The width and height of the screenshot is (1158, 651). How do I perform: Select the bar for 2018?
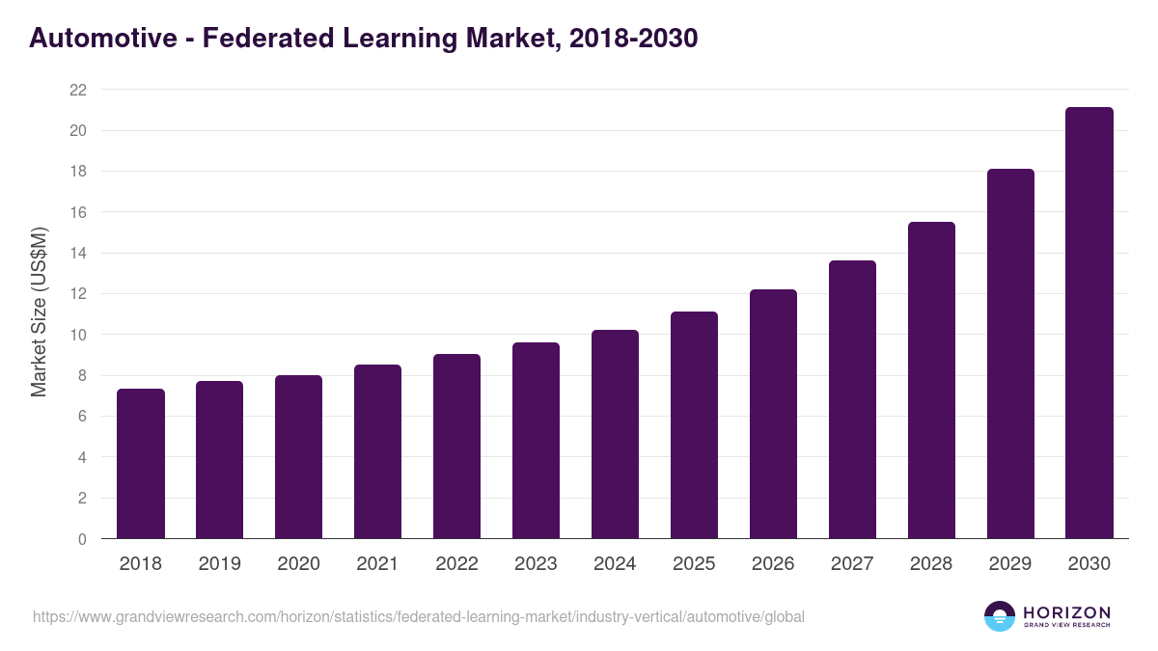click(x=141, y=464)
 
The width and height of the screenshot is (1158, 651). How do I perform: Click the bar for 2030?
click(x=1089, y=323)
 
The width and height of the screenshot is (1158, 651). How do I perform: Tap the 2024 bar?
click(x=615, y=434)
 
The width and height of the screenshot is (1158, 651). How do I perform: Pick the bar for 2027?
click(x=852, y=399)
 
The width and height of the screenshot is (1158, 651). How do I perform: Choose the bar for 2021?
click(x=377, y=451)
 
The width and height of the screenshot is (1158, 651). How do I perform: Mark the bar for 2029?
click(x=1010, y=354)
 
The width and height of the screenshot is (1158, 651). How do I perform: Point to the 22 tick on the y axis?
click(x=78, y=90)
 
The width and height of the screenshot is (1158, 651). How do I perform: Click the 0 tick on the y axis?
click(x=82, y=539)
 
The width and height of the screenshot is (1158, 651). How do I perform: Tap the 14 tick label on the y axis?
click(x=78, y=253)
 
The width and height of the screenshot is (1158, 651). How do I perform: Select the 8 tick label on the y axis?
click(x=82, y=375)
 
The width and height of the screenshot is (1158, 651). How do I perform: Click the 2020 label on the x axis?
click(x=298, y=564)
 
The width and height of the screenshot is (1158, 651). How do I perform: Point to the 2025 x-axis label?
click(x=694, y=564)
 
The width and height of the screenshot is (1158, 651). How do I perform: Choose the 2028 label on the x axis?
click(x=931, y=564)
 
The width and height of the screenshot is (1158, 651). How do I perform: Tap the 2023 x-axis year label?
click(x=536, y=564)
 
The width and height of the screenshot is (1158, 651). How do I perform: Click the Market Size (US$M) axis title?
click(x=39, y=312)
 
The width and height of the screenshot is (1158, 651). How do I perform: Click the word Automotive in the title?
click(x=103, y=39)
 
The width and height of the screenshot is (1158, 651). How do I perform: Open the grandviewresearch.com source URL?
click(x=418, y=616)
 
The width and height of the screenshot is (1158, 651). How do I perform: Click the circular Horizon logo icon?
click(x=1000, y=616)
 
